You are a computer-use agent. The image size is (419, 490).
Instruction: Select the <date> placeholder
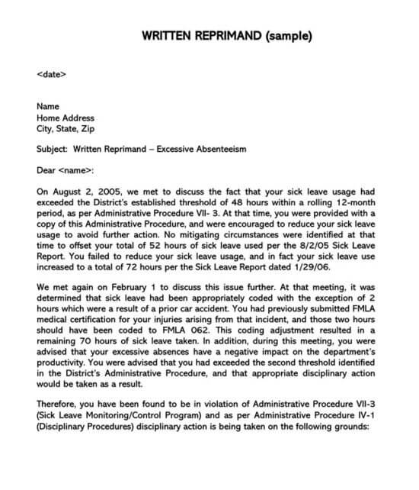tap(51, 75)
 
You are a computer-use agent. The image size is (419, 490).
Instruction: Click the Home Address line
tap(66, 118)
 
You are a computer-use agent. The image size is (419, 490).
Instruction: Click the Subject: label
tap(53, 150)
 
